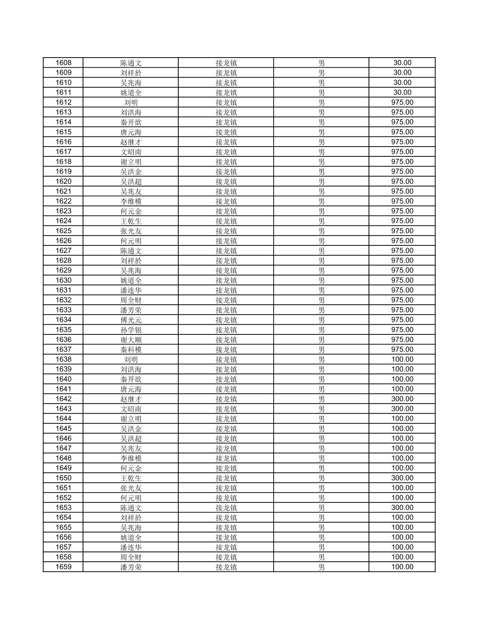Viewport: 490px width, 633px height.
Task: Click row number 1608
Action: click(x=63, y=63)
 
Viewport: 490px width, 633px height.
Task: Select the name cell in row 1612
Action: click(x=131, y=103)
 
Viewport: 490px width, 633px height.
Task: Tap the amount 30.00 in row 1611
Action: click(x=402, y=93)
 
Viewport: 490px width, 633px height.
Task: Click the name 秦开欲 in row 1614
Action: click(x=131, y=122)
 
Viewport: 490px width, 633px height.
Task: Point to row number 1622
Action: click(x=63, y=202)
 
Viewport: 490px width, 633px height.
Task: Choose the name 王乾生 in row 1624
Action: click(x=131, y=221)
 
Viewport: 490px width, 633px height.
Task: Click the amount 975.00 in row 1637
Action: click(x=402, y=350)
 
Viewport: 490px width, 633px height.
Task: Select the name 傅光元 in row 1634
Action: click(x=131, y=320)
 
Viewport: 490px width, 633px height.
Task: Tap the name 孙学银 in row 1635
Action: click(x=131, y=330)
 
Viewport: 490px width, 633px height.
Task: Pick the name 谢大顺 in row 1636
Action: click(x=131, y=340)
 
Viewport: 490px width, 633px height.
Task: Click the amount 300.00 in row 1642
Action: click(x=402, y=399)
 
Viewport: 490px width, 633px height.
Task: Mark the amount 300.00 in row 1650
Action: click(x=402, y=478)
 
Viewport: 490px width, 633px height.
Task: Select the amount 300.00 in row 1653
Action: click(x=402, y=508)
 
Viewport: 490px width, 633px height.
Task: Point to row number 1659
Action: click(x=63, y=567)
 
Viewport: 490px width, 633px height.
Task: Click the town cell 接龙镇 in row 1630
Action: click(x=226, y=280)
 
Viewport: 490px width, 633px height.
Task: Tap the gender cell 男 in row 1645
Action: click(x=321, y=429)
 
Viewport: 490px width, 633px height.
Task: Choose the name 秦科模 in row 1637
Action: click(x=131, y=350)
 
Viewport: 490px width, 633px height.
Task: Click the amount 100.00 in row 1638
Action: click(x=402, y=360)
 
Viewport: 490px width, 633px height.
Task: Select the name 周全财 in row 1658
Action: click(x=131, y=557)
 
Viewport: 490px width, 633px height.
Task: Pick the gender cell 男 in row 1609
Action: click(x=321, y=73)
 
